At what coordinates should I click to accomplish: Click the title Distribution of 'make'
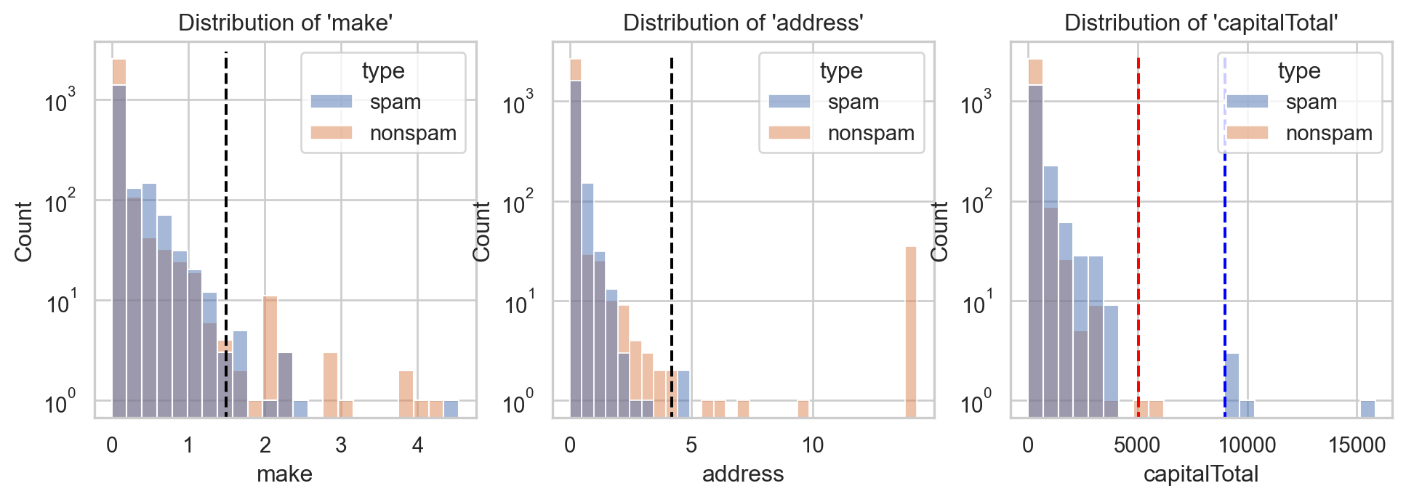[286, 23]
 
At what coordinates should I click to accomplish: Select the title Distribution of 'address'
[743, 23]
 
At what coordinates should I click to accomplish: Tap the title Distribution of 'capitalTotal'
[1201, 23]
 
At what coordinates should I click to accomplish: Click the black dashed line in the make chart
[226, 218]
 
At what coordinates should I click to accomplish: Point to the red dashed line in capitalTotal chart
[1138, 218]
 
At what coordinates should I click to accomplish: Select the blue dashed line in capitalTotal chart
[1225, 254]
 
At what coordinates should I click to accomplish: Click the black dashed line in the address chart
[671, 218]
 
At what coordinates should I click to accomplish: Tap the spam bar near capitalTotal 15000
[1367, 408]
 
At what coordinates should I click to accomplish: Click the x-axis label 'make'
[284, 474]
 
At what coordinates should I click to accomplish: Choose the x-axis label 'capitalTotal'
[1200, 474]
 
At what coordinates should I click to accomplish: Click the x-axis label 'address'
[742, 474]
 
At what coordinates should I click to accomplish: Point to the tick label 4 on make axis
[417, 445]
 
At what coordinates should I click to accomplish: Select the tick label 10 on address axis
[813, 445]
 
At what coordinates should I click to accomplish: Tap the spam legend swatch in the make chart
[332, 102]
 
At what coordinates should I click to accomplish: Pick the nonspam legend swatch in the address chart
[790, 133]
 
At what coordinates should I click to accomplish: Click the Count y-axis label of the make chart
[24, 231]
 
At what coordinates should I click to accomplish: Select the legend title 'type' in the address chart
[841, 71]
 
